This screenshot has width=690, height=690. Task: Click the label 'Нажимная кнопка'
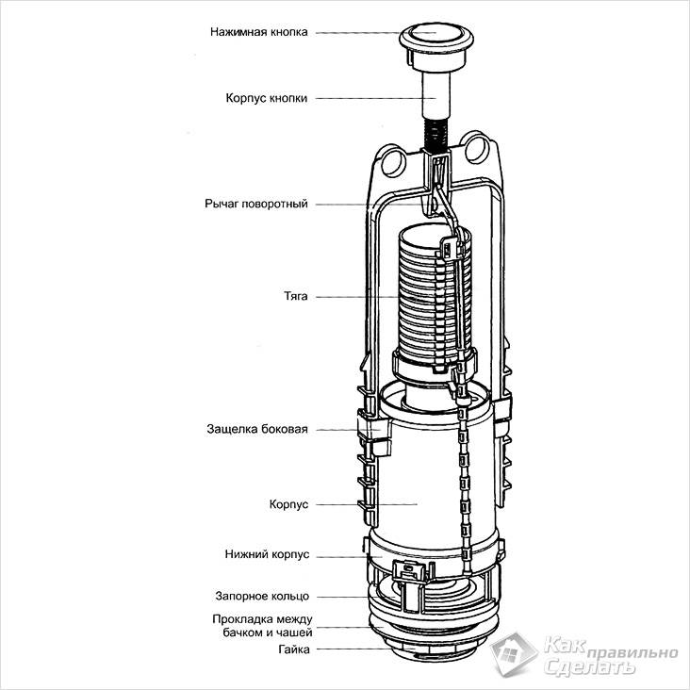click(x=259, y=31)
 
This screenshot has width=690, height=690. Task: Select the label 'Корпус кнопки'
click(x=267, y=97)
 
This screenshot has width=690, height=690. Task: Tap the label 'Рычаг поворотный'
click(x=255, y=204)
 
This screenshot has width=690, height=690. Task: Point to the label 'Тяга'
click(x=295, y=296)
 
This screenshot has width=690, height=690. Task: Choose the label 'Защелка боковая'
click(x=257, y=429)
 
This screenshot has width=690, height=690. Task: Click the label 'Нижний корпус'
click(x=267, y=555)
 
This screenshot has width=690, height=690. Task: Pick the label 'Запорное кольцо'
click(x=260, y=596)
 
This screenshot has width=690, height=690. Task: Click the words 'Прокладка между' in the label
click(x=261, y=619)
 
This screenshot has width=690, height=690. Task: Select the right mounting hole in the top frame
click(x=482, y=149)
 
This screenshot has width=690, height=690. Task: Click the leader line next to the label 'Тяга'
click(x=368, y=296)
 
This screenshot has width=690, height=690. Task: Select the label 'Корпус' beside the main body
click(x=289, y=504)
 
